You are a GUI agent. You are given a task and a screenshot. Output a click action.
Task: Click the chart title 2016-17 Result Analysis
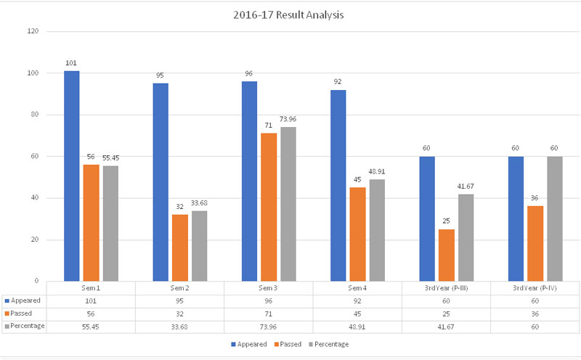pyautogui.click(x=290, y=14)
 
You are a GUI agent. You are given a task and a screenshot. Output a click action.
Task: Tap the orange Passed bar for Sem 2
pyautogui.click(x=179, y=247)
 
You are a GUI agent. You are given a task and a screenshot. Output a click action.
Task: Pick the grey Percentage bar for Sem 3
pyautogui.click(x=288, y=204)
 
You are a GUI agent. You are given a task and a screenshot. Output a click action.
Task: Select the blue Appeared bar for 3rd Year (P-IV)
pyautogui.click(x=516, y=218)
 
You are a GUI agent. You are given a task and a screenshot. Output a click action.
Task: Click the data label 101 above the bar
pyautogui.click(x=71, y=63)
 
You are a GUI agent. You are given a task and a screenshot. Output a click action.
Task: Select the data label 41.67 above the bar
pyautogui.click(x=466, y=187)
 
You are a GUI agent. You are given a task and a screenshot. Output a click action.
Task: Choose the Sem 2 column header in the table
pyautogui.click(x=179, y=288)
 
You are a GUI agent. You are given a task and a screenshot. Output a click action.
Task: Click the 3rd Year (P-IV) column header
pyautogui.click(x=535, y=288)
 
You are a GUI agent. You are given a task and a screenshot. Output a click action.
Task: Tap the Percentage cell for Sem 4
pyautogui.click(x=357, y=326)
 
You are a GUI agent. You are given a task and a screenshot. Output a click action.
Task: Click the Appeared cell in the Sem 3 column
pyautogui.click(x=268, y=300)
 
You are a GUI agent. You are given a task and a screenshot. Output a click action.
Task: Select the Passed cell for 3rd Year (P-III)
pyautogui.click(x=446, y=313)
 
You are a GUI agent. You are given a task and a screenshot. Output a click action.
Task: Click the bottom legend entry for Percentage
pyautogui.click(x=332, y=344)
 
